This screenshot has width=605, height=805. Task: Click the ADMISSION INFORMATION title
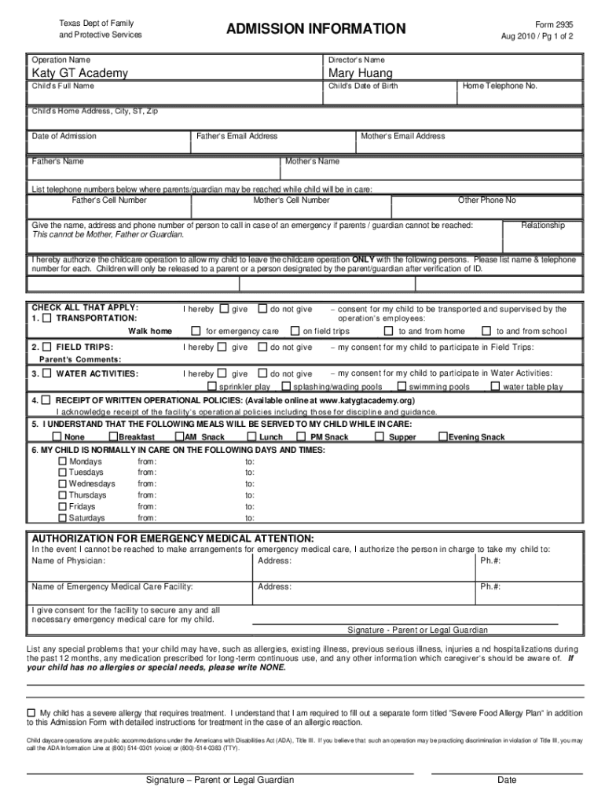pos(316,29)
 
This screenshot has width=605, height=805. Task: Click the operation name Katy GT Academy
pos(79,73)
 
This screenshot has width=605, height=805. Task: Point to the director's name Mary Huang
pos(360,73)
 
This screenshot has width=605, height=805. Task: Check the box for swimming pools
pos(402,387)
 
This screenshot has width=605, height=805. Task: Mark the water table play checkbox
pos(496,387)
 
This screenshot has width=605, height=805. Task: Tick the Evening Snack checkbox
pos(443,437)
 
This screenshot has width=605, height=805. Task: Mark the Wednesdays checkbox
pos(63,484)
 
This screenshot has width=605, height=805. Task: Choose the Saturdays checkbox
pos(63,518)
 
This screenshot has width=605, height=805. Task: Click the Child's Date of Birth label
pos(363,86)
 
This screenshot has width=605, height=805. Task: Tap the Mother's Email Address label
pos(402,136)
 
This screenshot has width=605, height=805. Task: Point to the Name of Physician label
pos(68,561)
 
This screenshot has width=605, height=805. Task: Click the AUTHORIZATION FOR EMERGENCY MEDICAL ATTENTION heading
pos(172,539)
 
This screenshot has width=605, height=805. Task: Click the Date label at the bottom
pos(507,780)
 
